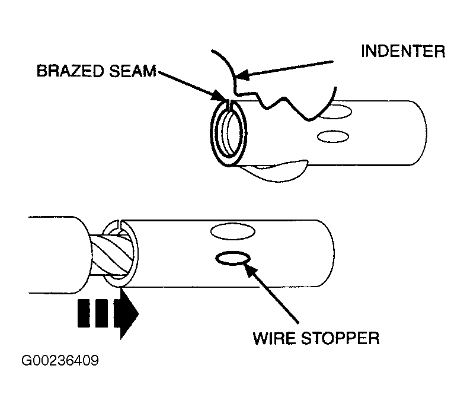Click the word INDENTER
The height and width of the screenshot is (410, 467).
coord(403,51)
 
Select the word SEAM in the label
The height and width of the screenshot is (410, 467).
coord(133,71)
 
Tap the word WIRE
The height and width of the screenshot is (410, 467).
coord(274,338)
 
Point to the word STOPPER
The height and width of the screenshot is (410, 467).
coord(340,338)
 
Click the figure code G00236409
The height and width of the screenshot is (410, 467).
coord(60,360)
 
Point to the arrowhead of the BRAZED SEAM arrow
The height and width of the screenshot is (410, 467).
coord(219,96)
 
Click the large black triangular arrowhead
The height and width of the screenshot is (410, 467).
coord(129,314)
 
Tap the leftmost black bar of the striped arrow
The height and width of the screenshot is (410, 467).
coord(84,313)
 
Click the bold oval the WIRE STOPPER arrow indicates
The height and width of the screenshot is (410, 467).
coord(232,258)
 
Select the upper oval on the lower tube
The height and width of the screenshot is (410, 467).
coord(232,231)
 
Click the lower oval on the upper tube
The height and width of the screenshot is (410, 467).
coord(332,136)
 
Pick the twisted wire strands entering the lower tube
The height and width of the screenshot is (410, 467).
coord(111,254)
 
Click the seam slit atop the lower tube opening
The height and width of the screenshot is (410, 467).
coord(120,224)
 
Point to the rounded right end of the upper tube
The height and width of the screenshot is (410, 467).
coord(424,133)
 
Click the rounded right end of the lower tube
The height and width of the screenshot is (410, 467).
coord(331,253)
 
